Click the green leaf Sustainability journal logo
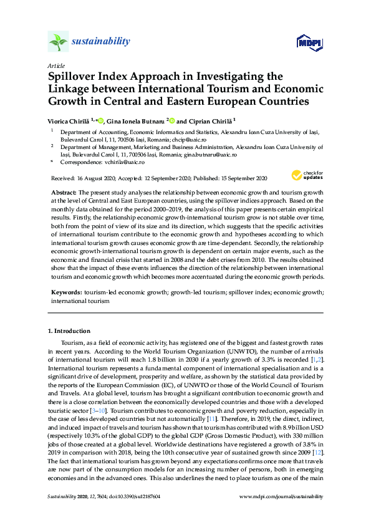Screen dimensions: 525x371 click(58, 42)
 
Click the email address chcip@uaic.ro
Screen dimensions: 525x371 click(223, 140)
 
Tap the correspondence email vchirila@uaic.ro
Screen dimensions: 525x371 click(117, 161)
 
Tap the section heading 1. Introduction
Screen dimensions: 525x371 click(70, 330)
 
